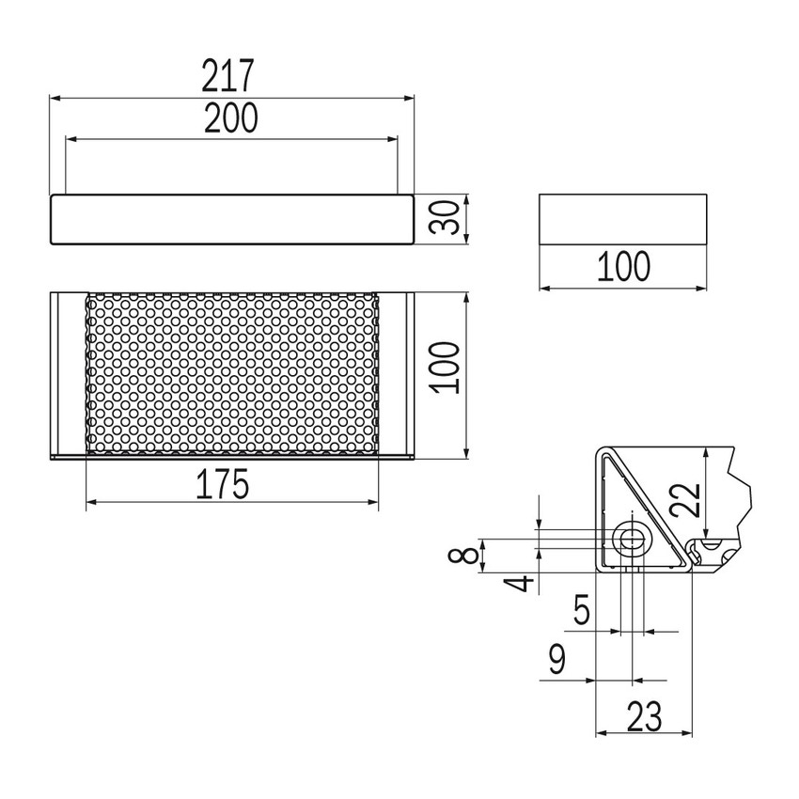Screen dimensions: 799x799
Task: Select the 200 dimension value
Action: (x=231, y=117)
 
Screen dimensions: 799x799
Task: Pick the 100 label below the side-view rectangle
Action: (x=623, y=267)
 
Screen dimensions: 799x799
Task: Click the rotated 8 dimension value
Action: (x=461, y=556)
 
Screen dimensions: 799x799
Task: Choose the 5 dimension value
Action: (x=582, y=612)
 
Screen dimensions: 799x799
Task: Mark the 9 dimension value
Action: (x=556, y=661)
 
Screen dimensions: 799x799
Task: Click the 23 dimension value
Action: (x=643, y=717)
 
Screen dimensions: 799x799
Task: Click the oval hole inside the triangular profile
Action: (x=630, y=539)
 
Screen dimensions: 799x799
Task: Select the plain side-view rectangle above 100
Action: (x=622, y=220)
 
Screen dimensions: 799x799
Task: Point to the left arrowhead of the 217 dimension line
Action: (x=55, y=97)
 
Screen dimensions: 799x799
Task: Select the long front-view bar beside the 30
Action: (x=231, y=221)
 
